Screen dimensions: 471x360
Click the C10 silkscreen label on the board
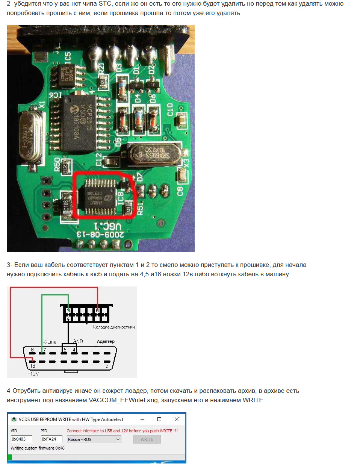click(170, 110)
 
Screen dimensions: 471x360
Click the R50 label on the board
click(57, 164)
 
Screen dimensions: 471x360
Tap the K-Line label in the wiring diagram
click(50, 342)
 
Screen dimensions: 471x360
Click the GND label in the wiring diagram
click(78, 341)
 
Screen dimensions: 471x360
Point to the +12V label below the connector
click(33, 374)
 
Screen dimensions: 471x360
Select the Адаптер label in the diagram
click(106, 341)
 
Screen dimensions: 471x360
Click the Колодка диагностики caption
click(114, 327)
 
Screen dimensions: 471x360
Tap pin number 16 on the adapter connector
click(33, 366)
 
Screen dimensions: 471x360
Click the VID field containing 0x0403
click(21, 439)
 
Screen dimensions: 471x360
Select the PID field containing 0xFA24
click(51, 439)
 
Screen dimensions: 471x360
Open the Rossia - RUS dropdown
click(94, 439)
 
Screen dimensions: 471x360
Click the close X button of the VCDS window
click(177, 419)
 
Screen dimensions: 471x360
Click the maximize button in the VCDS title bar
click(159, 419)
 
